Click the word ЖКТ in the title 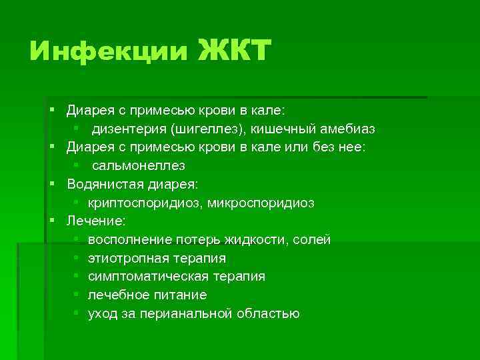coord(235,51)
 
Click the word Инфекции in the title coord(109,52)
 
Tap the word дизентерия coord(130,128)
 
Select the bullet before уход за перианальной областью coord(77,313)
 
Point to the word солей coord(313,239)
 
